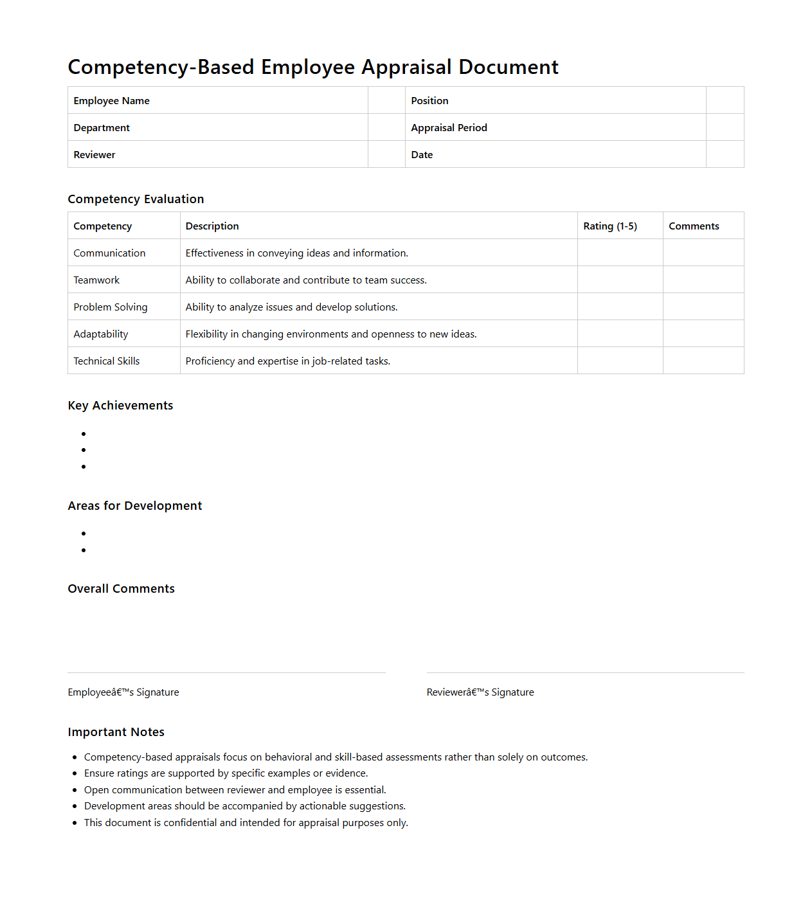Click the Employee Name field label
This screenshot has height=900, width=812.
(x=111, y=101)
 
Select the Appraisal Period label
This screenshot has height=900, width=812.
(x=449, y=128)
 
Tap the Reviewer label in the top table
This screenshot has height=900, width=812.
(x=95, y=155)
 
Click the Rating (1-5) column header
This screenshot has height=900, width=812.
(x=609, y=226)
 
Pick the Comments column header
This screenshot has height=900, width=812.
(x=693, y=226)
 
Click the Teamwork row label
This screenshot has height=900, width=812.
(x=96, y=280)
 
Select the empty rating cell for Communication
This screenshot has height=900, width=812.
(x=620, y=253)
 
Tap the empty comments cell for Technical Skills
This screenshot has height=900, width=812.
(x=703, y=361)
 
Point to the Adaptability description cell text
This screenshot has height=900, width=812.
(x=330, y=334)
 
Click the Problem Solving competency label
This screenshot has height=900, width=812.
(x=111, y=307)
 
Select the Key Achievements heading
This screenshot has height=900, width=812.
(x=120, y=406)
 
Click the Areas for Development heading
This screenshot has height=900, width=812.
(x=135, y=506)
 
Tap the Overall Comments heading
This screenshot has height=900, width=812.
(x=121, y=589)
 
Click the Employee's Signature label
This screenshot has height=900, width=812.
(x=123, y=692)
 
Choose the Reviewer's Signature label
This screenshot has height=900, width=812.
(x=480, y=692)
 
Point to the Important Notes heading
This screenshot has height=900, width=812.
(x=116, y=732)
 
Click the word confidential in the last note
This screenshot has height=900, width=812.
(x=190, y=823)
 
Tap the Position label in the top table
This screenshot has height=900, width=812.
(x=429, y=101)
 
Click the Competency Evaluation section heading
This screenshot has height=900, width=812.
(x=136, y=199)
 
